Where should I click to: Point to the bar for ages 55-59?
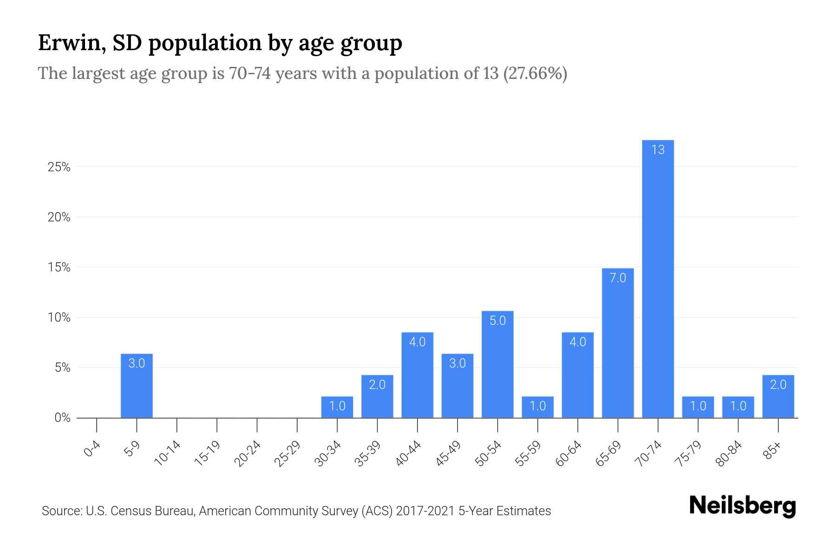point(537,408)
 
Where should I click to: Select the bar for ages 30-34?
point(337,408)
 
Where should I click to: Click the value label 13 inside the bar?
point(658,150)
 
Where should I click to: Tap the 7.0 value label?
point(618,278)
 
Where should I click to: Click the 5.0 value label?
point(497,321)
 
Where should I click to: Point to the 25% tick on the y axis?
point(59,167)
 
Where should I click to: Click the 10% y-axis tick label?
point(59,318)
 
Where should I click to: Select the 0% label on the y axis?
point(62,418)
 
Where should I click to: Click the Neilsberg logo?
point(742,506)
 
